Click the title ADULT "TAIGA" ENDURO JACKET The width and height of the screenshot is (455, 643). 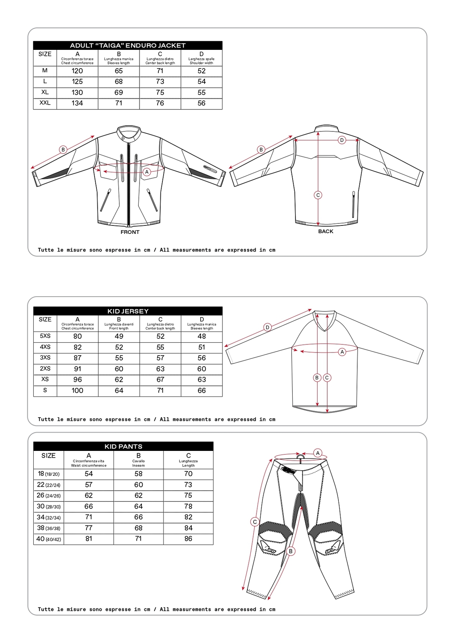pyautogui.click(x=127, y=45)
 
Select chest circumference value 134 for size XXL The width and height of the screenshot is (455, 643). pyautogui.click(x=77, y=103)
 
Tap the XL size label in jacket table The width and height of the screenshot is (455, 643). pyautogui.click(x=45, y=92)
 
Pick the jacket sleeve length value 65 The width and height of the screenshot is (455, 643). pyautogui.click(x=119, y=71)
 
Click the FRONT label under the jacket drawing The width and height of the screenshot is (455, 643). pyautogui.click(x=130, y=232)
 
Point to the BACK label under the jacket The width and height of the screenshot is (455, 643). pyautogui.click(x=326, y=231)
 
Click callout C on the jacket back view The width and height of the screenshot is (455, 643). pyautogui.click(x=318, y=195)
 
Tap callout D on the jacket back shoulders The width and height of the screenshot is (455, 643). pyautogui.click(x=342, y=140)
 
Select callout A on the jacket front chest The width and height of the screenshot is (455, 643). pyautogui.click(x=147, y=172)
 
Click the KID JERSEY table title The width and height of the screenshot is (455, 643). pyautogui.click(x=128, y=311)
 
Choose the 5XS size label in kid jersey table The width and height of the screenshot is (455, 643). pyautogui.click(x=45, y=336)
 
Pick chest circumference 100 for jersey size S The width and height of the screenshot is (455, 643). pyautogui.click(x=77, y=390)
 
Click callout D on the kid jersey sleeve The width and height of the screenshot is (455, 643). pyautogui.click(x=267, y=328)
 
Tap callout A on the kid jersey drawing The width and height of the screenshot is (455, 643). pyautogui.click(x=342, y=352)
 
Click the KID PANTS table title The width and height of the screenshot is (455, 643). pyautogui.click(x=123, y=446)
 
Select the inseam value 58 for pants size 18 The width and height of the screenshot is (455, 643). pyautogui.click(x=138, y=474)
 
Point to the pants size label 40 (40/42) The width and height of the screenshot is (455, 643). pyautogui.click(x=48, y=539)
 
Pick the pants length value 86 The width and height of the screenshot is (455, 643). pyautogui.click(x=188, y=539)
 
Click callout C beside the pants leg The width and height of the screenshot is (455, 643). pyautogui.click(x=254, y=522)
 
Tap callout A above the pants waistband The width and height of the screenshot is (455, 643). pyautogui.click(x=318, y=453)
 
